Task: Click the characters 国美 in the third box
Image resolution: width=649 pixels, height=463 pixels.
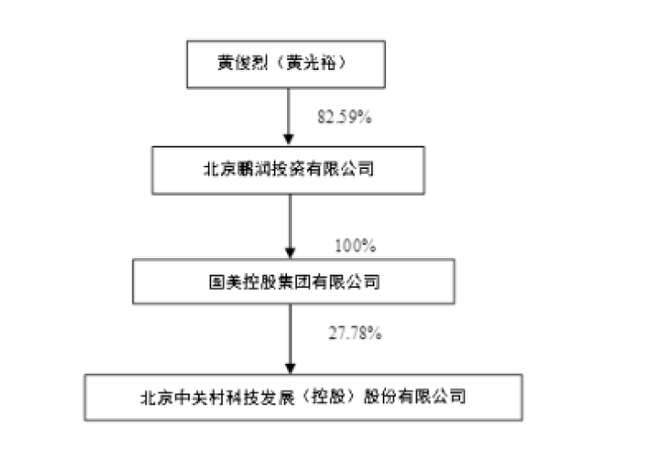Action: pyautogui.click(x=222, y=282)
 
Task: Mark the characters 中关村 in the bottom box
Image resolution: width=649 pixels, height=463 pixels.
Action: pyautogui.click(x=198, y=396)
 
